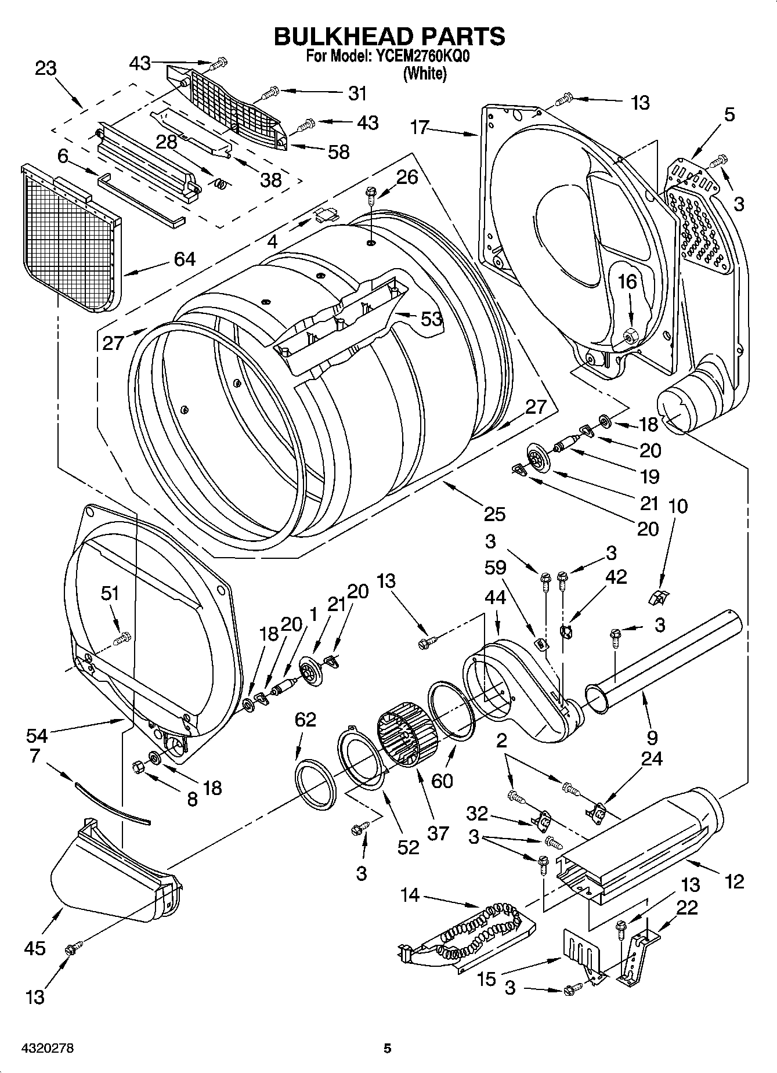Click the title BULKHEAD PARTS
389,36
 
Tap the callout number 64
185,259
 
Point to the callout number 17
420,127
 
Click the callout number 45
34,948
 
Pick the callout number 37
438,833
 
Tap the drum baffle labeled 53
342,325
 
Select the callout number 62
306,719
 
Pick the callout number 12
734,881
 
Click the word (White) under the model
425,74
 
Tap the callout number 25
494,513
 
